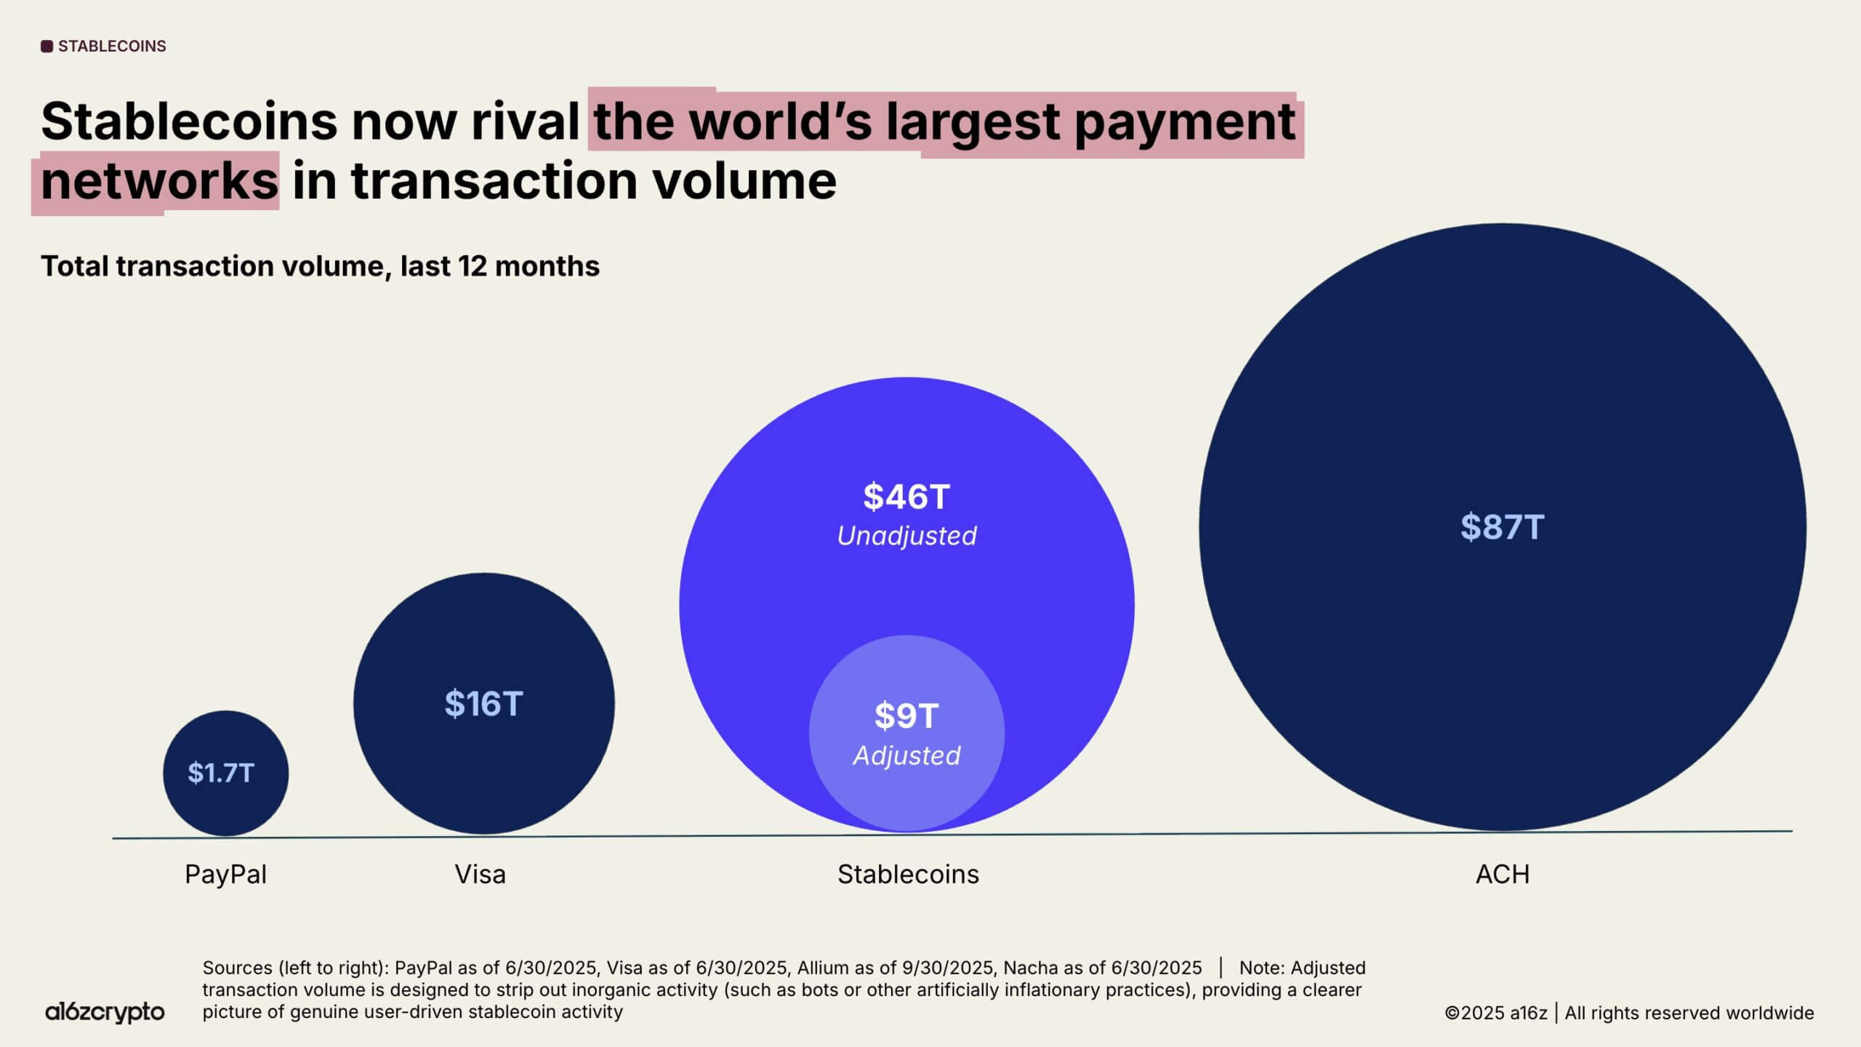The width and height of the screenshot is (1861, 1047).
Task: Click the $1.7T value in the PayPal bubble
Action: pos(221,773)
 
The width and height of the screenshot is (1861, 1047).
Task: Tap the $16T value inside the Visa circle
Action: pos(483,704)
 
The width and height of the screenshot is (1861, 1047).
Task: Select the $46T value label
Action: pos(907,497)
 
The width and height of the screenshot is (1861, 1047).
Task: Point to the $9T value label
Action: pos(907,715)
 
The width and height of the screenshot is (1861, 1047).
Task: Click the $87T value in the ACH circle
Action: pos(1502,527)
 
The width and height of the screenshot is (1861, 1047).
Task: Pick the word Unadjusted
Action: pos(907,536)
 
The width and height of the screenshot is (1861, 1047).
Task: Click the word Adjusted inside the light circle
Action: pos(907,756)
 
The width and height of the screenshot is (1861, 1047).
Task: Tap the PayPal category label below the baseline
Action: pos(225,874)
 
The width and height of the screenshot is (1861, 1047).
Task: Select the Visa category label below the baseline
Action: pos(480,874)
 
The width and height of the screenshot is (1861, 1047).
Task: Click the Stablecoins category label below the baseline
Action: pos(908,874)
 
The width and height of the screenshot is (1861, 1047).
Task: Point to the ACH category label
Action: pos(1503,874)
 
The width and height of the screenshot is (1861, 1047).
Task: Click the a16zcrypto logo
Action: pos(105,1011)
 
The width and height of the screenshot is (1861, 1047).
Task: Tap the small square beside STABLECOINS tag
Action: pos(47,47)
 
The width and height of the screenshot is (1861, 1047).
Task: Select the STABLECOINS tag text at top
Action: pos(112,47)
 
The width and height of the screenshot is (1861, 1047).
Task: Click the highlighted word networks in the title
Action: pos(159,181)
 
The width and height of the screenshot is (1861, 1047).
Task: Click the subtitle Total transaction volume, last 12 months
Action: pos(320,266)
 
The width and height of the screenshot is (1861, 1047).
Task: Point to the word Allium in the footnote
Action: pos(821,968)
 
